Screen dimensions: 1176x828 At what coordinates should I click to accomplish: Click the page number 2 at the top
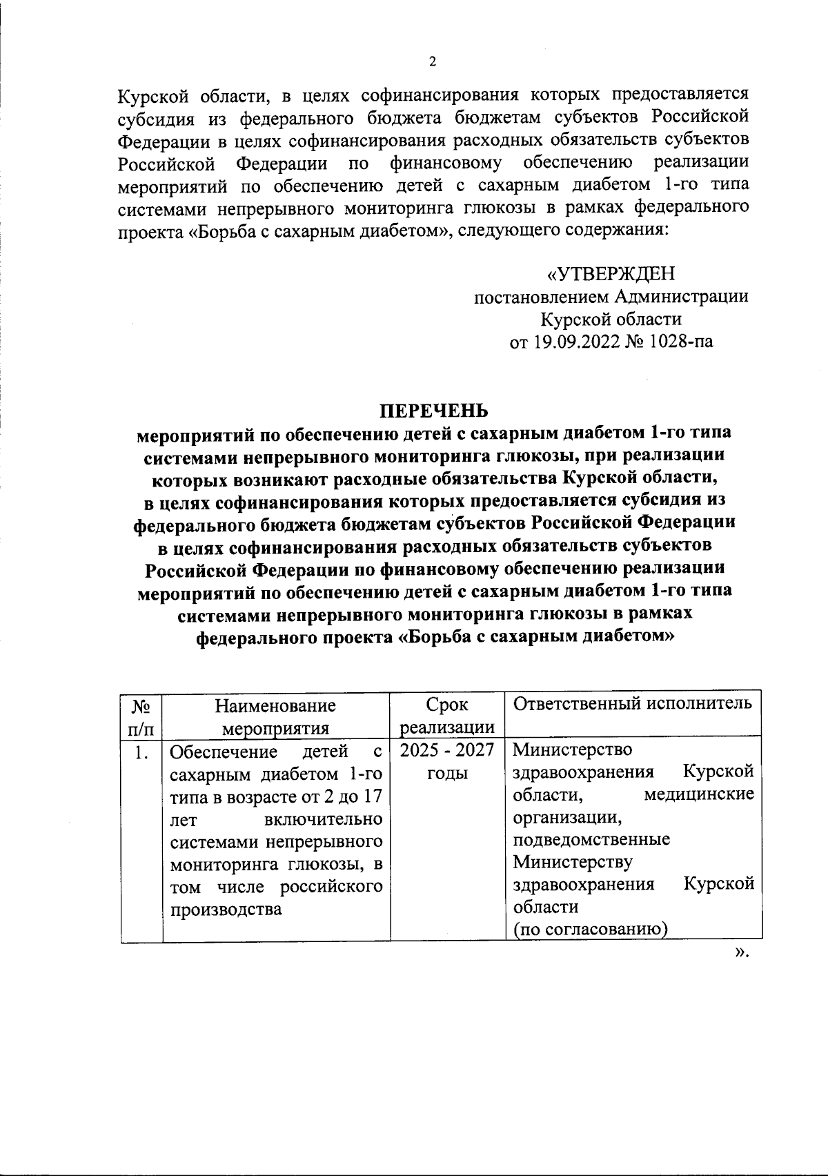tap(433, 62)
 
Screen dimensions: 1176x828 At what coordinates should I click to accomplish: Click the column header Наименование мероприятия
tap(276, 716)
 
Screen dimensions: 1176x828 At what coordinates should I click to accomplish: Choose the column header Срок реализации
tap(447, 716)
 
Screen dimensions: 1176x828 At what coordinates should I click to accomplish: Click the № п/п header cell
tap(141, 716)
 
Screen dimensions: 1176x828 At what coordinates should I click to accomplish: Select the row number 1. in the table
tap(141, 752)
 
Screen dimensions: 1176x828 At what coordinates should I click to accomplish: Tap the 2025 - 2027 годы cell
tap(447, 761)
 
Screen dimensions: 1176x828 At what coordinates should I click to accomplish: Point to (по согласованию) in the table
tap(590, 930)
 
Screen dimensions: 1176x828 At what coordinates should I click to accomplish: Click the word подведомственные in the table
tap(591, 840)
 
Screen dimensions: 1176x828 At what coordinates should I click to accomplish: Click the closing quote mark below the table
tap(741, 953)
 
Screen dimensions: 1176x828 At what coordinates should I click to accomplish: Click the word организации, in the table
tap(568, 818)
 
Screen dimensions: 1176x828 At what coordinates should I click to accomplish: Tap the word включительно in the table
tap(324, 819)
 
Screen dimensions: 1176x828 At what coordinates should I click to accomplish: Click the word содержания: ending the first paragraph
tap(614, 231)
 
